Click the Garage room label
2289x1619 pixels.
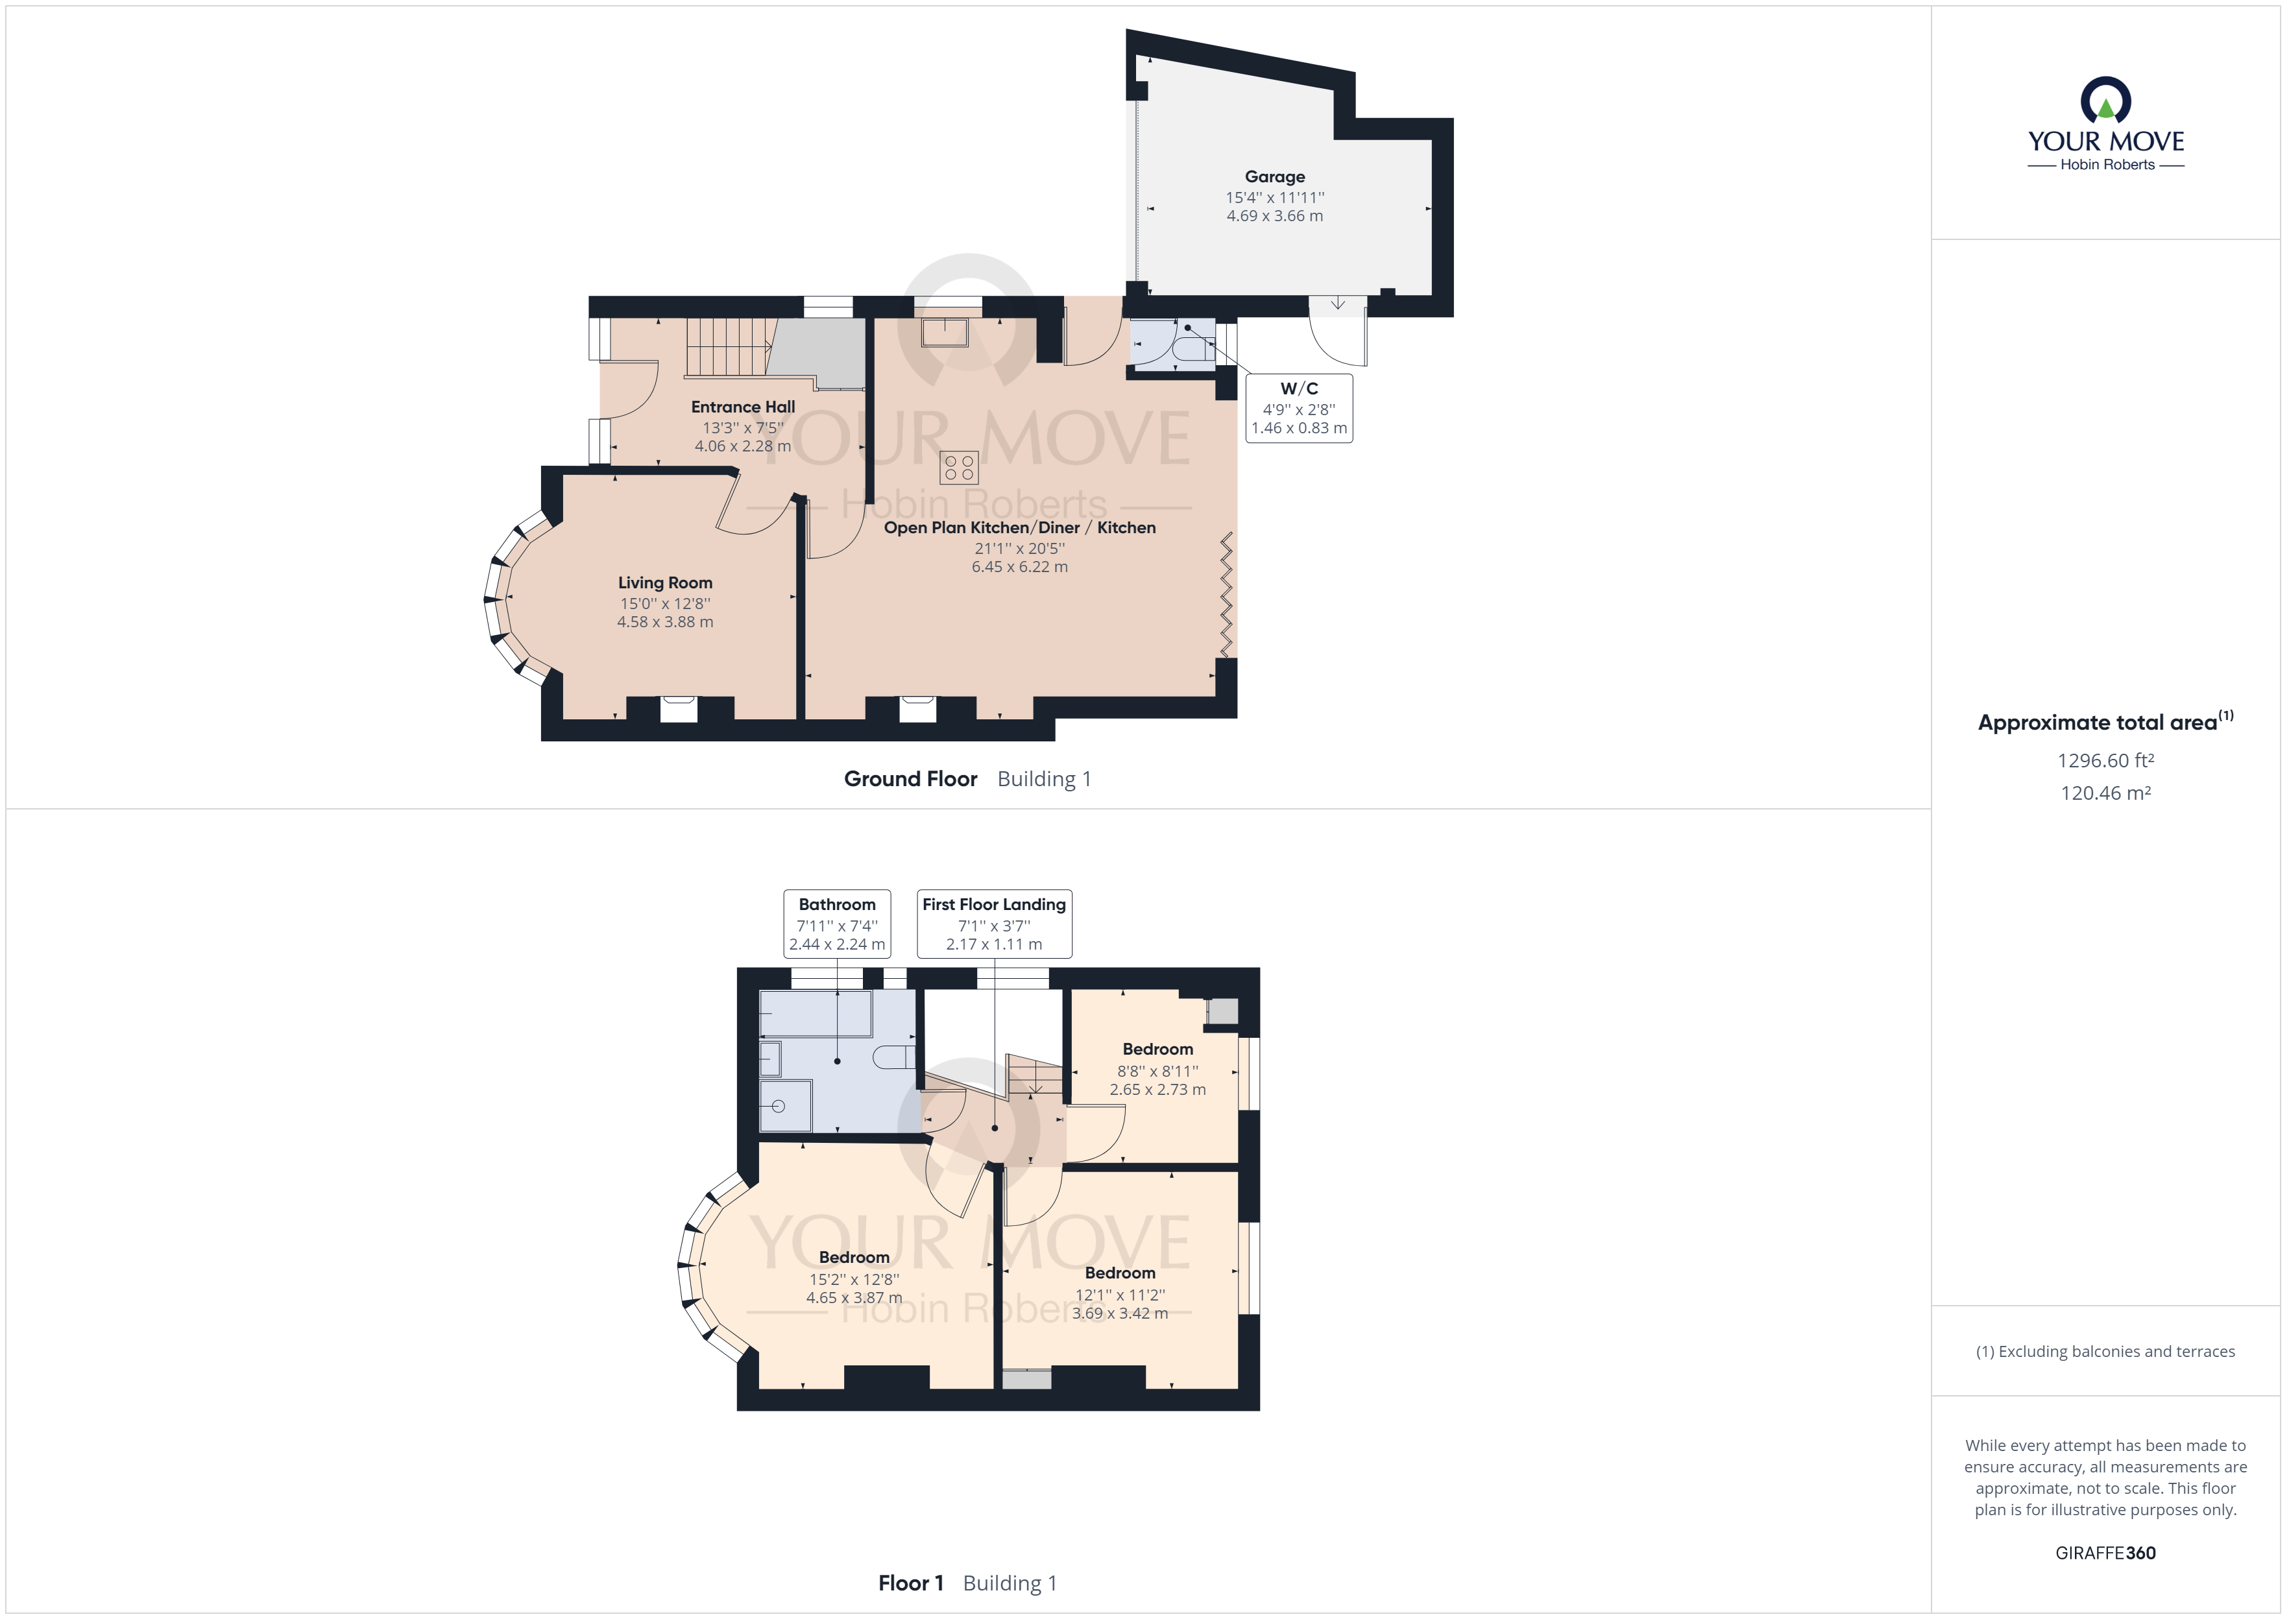(1274, 176)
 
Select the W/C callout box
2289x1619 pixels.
(1299, 408)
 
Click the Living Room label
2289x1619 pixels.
(665, 583)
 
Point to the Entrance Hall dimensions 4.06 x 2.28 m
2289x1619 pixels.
(743, 446)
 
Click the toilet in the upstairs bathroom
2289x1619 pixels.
(893, 1057)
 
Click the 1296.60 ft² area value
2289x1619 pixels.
(2105, 761)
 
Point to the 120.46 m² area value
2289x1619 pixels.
(2105, 793)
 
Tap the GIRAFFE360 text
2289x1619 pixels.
(2105, 1552)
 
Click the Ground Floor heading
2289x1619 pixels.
(910, 778)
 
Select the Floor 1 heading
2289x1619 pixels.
(910, 1583)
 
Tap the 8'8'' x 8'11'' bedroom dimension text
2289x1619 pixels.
(1157, 1071)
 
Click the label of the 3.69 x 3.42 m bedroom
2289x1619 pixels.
(1120, 1273)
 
